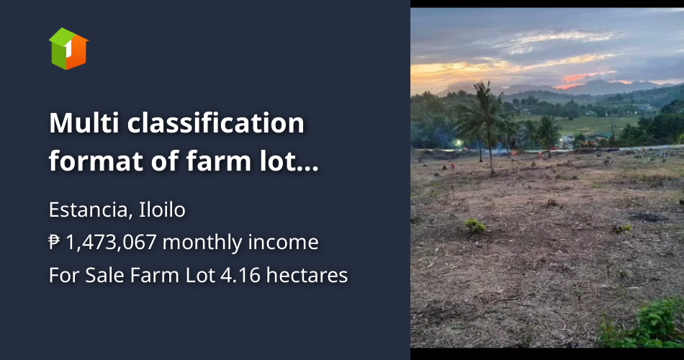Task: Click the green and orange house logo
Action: (68, 48)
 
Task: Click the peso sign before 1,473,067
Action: (55, 243)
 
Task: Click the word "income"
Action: (285, 243)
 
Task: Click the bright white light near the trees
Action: (458, 143)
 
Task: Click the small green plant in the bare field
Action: (474, 226)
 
